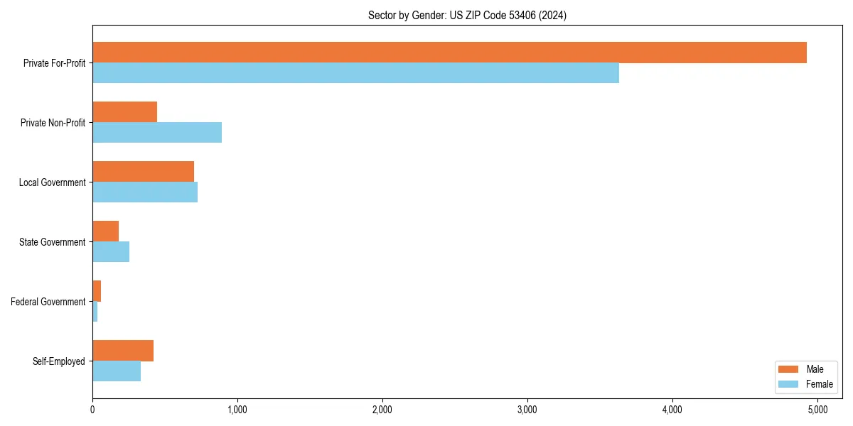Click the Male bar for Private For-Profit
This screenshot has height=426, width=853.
click(449, 53)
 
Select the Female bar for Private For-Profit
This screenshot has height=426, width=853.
click(355, 73)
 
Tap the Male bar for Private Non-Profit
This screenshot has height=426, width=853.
click(124, 112)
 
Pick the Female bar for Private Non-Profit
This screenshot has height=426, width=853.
click(157, 133)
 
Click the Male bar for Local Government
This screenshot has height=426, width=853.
click(143, 172)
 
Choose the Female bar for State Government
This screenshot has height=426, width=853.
click(111, 252)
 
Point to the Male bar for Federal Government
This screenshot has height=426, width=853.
click(97, 291)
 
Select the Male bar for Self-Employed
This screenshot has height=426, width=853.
click(123, 351)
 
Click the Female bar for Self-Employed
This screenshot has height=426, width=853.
click(117, 371)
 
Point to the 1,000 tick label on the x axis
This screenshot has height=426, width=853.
click(237, 410)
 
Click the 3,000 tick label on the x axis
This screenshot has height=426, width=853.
click(527, 410)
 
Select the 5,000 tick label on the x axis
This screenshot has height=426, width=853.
click(817, 410)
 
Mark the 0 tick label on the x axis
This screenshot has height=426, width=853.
click(92, 410)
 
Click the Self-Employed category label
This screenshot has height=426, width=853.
click(59, 361)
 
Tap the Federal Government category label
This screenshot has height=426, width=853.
click(48, 302)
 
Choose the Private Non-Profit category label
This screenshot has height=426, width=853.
click(53, 123)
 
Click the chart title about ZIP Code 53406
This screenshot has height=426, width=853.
click(467, 15)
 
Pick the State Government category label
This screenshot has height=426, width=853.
click(52, 242)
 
